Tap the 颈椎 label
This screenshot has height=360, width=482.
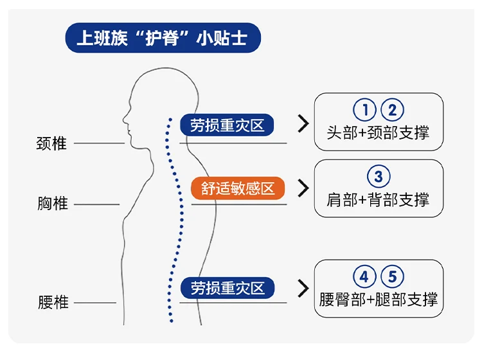tap(51, 143)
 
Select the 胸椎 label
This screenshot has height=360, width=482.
tap(52, 204)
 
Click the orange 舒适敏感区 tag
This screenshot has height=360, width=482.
tap(238, 188)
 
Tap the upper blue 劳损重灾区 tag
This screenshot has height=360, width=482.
tap(227, 125)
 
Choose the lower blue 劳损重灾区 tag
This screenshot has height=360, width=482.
tap(227, 288)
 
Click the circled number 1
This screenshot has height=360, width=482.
tap(364, 110)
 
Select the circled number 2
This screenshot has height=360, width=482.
tap(392, 110)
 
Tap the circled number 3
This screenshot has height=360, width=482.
tap(379, 176)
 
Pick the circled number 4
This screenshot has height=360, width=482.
tap(364, 277)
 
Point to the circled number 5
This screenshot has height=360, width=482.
tap(393, 277)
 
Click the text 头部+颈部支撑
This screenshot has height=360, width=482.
tap(378, 133)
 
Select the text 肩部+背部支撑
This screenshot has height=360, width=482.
tap(378, 199)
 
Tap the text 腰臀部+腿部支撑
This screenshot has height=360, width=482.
tap(379, 300)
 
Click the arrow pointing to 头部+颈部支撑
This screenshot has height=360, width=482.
tap(303, 125)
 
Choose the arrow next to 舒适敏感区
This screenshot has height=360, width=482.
tap(303, 188)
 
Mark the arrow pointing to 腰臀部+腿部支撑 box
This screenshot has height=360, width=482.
tap(303, 288)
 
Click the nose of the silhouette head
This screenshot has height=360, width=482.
tap(124, 118)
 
